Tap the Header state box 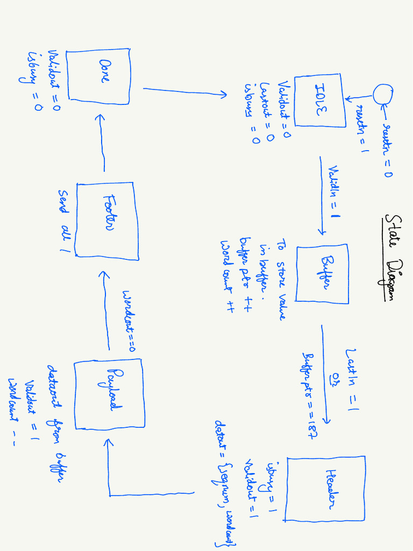pyautogui.click(x=326, y=489)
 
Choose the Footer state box pyautogui.click(x=105, y=219)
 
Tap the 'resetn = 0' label pyautogui.click(x=386, y=150)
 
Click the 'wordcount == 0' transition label pyautogui.click(x=130, y=321)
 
